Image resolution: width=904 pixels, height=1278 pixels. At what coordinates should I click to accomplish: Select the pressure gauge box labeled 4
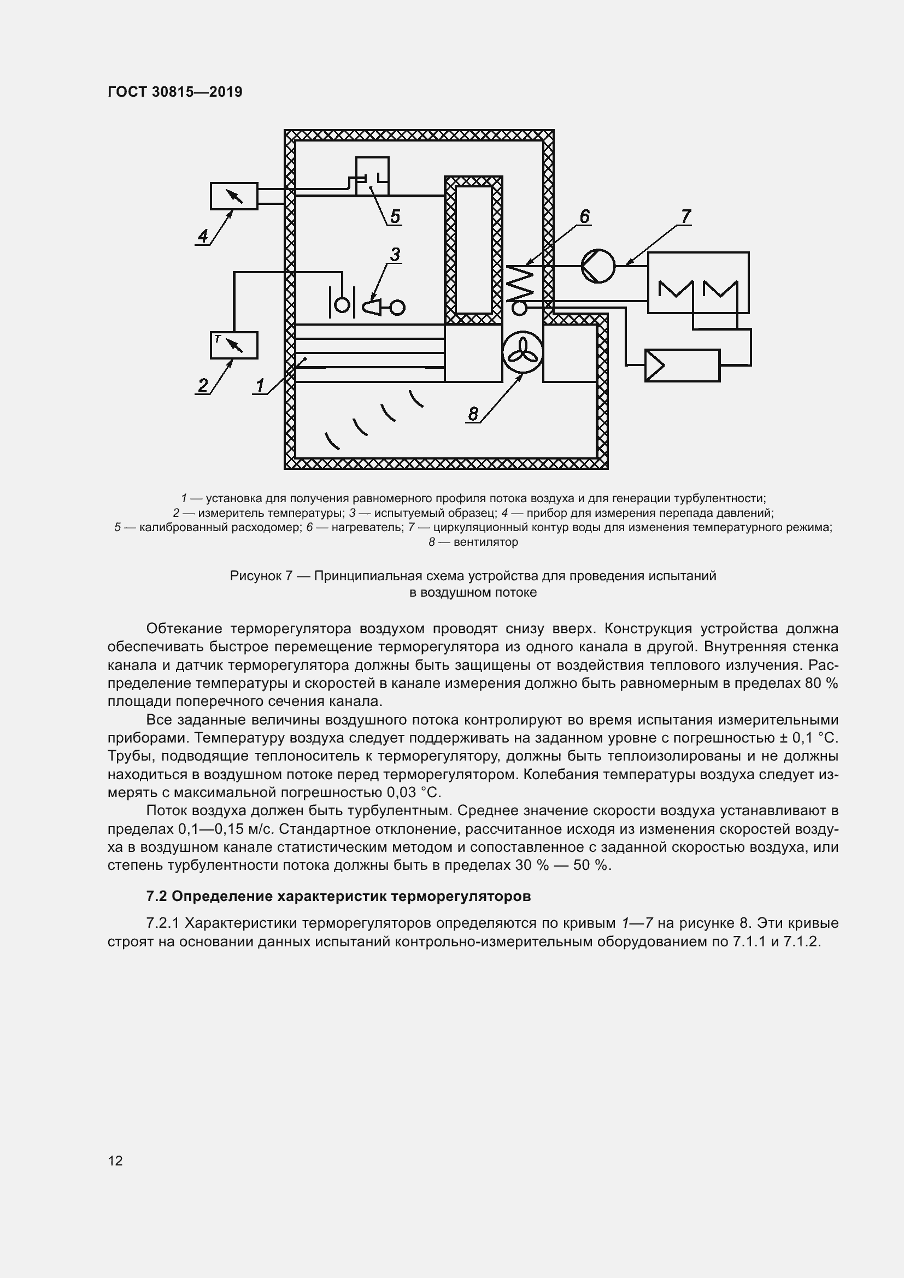tap(234, 196)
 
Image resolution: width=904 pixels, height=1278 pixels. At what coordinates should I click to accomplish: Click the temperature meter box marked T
tap(234, 345)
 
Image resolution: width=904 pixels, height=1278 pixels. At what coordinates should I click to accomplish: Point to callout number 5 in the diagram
tap(395, 216)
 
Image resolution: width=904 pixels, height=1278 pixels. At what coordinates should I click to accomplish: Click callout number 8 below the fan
tap(473, 414)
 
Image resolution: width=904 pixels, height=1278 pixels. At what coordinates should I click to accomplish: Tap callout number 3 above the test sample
tap(395, 255)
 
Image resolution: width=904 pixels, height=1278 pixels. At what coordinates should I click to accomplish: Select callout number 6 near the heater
tap(584, 216)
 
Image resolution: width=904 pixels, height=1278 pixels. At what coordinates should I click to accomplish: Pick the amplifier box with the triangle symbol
tap(682, 366)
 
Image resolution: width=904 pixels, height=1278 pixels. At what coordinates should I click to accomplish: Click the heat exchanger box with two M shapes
tap(698, 283)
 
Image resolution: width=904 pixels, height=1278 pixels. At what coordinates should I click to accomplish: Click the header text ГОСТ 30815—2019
tap(175, 92)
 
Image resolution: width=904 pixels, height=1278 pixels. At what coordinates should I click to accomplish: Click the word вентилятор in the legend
tap(485, 542)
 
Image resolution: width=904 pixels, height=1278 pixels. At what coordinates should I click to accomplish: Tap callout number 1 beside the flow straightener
tap(260, 385)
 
